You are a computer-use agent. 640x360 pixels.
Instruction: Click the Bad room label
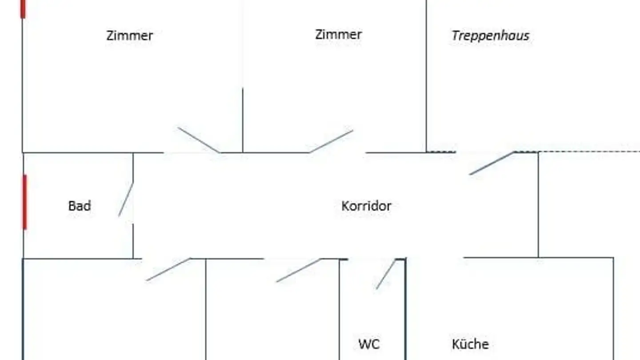pos(80,206)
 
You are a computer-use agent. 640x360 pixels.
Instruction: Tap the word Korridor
pos(366,206)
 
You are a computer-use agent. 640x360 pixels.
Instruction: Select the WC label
pos(369,344)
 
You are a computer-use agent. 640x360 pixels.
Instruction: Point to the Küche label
pos(470,344)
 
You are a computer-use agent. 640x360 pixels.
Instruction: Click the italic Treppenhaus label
pos(490,36)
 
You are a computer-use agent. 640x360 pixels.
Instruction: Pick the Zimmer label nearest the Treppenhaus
pos(338,35)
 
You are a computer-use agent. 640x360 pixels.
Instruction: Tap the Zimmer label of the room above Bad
pos(129,36)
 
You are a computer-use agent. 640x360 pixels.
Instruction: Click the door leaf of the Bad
pos(126,200)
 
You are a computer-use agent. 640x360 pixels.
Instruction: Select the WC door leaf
pos(386,274)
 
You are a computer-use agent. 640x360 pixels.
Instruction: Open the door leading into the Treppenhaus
pos(492,163)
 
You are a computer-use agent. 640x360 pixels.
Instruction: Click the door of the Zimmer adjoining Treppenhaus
pos(331,141)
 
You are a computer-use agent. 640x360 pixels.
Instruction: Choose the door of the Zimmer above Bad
pos(198,140)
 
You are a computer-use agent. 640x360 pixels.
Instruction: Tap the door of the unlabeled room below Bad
pos(168,269)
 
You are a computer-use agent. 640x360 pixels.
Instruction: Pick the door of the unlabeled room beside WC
pos(298,270)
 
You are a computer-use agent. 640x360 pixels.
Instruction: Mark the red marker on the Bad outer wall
pos(24,202)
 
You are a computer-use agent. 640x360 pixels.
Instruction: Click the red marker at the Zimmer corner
pos(23,9)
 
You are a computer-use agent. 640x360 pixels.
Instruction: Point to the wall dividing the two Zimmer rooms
pos(242,120)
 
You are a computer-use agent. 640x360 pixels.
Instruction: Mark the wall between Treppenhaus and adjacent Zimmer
pos(426,76)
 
